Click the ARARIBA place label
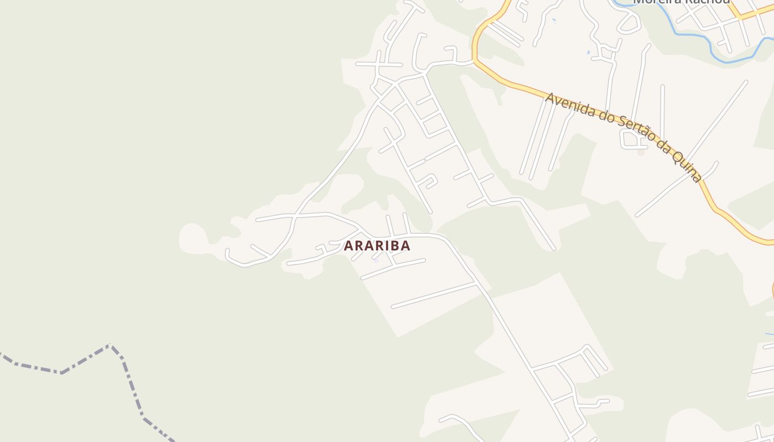click(377, 246)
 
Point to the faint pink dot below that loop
click(641, 152)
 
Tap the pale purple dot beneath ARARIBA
click(375, 260)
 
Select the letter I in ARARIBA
click(386, 246)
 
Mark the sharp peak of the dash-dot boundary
click(110, 345)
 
